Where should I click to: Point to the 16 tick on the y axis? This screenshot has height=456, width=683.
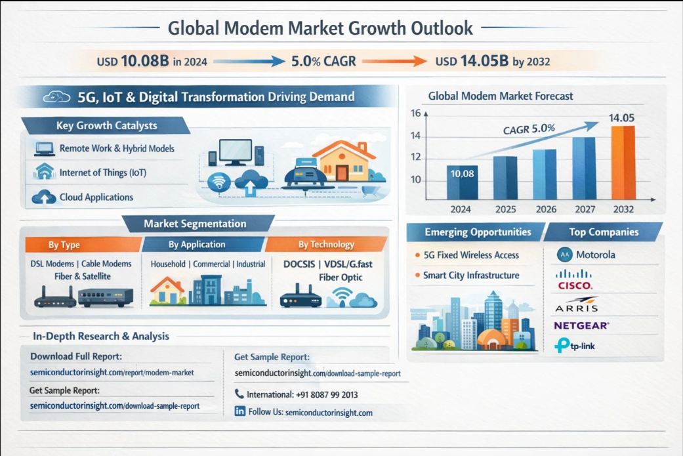415,113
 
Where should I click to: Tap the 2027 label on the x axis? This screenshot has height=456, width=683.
584,209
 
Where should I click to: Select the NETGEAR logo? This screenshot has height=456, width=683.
581,325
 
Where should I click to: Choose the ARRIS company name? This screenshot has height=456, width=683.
577,306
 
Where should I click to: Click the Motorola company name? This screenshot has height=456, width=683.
595,254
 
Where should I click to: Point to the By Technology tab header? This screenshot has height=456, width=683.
326,244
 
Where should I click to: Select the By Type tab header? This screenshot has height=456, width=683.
64,245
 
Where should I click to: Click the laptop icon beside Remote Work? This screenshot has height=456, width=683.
45,149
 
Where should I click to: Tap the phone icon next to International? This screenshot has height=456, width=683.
239,394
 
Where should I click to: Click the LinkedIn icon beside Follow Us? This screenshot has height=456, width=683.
240,411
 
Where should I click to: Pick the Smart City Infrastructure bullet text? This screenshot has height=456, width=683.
471,276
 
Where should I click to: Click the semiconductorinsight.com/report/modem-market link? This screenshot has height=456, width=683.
112,373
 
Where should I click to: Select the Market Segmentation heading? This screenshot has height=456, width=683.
195,224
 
